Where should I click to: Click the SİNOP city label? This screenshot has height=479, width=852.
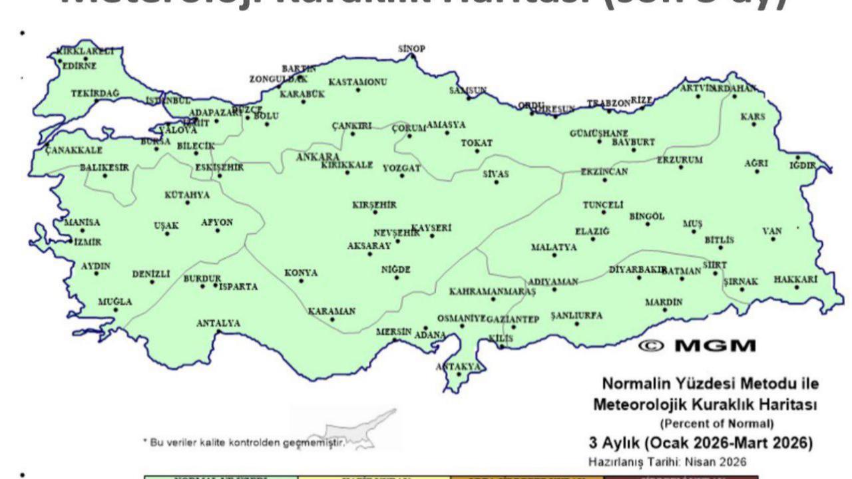point(411,49)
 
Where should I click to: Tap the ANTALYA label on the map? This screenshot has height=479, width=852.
point(218,323)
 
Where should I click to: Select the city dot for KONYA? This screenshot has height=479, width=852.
point(301,281)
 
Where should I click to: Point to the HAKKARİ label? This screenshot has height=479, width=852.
point(795,279)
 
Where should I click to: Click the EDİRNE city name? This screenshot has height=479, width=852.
point(79,66)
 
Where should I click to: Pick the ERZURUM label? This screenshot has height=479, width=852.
point(680,160)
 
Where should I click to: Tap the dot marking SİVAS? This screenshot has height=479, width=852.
point(496,182)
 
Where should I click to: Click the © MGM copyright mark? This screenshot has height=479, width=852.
point(697,346)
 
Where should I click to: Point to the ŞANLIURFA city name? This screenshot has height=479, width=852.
point(576,315)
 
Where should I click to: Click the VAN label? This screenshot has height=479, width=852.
point(772,231)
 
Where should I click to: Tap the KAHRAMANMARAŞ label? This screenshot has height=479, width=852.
point(493,291)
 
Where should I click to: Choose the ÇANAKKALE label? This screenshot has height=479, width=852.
point(74,150)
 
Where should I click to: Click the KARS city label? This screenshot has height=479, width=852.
point(753,116)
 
